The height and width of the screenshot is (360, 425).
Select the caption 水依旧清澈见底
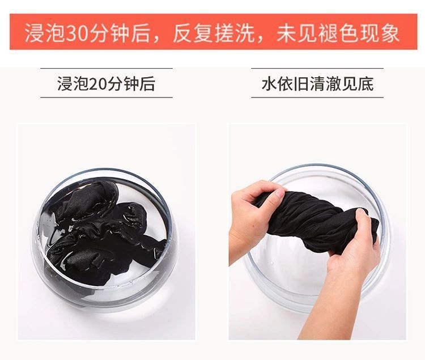[317, 83]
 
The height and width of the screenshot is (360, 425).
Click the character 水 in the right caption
[269, 83]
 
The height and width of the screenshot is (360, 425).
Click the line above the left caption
[107, 68]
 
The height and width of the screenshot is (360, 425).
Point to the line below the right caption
[317, 97]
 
